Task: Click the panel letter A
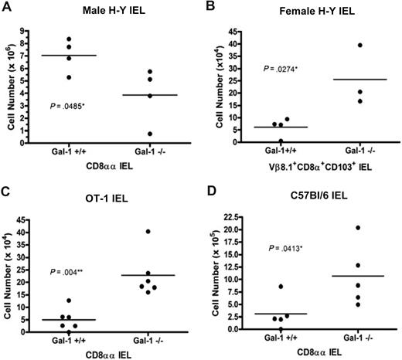[6, 8]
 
